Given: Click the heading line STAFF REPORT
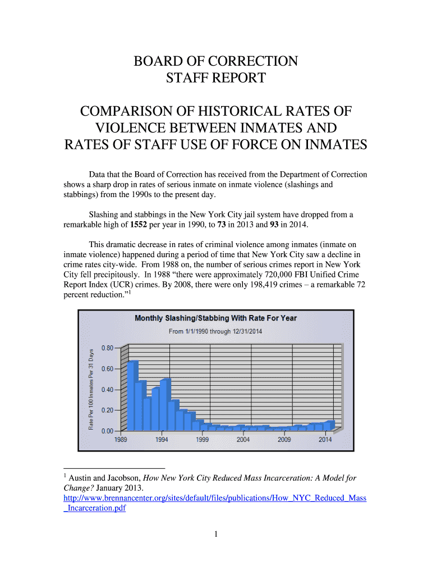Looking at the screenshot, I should coord(215,78).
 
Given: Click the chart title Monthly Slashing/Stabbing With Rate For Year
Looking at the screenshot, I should coord(215,318).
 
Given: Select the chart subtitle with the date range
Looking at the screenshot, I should coord(215,331).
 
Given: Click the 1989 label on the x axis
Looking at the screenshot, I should coord(121,440).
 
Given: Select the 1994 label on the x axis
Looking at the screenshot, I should coord(162,440).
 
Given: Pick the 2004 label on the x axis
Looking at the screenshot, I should coord(243,440).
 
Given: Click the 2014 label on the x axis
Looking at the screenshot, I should coord(325,440).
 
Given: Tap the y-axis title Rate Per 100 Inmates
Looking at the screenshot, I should coord(91,389).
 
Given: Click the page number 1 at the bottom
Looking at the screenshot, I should coord(215,534).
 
